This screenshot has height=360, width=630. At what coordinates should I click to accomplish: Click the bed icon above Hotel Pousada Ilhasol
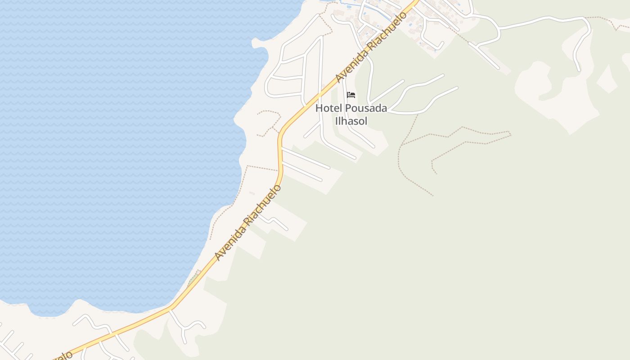(x=351, y=95)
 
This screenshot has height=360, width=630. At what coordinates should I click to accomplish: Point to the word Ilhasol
(x=351, y=121)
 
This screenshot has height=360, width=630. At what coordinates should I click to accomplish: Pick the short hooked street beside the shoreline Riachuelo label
(x=277, y=221)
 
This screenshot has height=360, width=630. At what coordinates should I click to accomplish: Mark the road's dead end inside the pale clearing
(x=578, y=70)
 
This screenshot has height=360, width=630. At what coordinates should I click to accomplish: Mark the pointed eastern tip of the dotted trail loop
(x=510, y=133)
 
